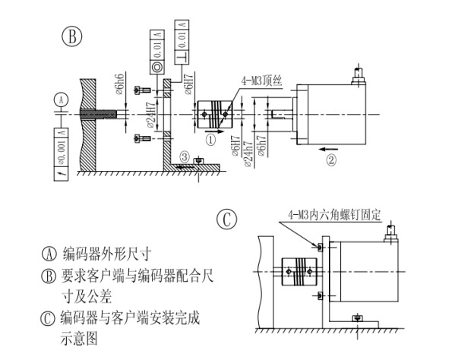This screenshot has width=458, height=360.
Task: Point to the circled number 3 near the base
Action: [x=185, y=156]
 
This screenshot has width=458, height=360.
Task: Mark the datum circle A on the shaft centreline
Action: [x=61, y=99]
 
